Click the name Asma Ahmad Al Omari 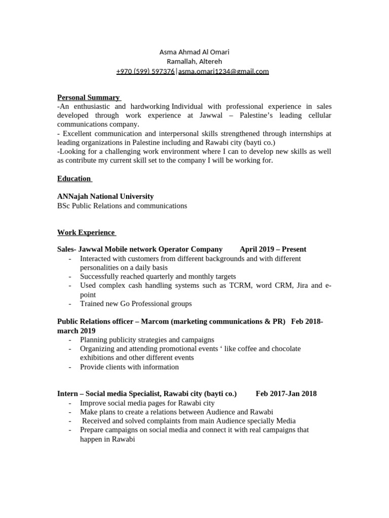click(194, 52)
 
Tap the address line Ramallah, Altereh click(194, 62)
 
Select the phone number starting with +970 click(145, 71)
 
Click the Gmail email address click(223, 71)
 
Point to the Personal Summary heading click(89, 97)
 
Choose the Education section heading click(74, 178)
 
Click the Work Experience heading click(86, 232)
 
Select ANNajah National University click(105, 196)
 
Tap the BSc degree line click(122, 205)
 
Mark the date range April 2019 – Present click(273, 249)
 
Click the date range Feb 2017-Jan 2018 click(286, 394)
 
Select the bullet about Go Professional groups click(136, 304)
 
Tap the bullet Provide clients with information click(129, 367)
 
